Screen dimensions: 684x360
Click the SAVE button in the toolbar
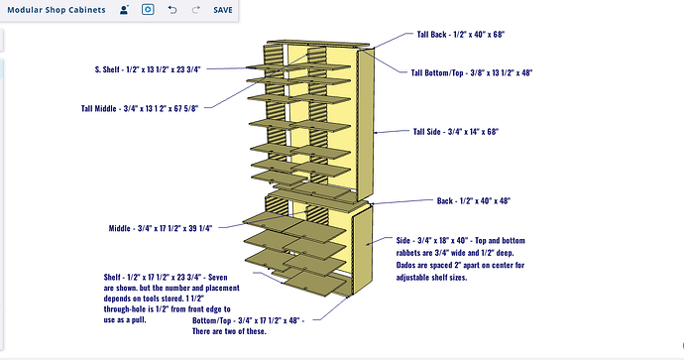tap(222, 10)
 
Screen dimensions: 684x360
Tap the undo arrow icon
tap(172, 10)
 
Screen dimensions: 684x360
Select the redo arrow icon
tap(196, 10)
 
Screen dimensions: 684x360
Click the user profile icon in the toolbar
tap(124, 10)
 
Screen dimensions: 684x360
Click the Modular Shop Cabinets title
tap(57, 10)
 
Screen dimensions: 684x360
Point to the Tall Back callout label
tap(461, 35)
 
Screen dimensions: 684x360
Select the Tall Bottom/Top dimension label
tap(472, 72)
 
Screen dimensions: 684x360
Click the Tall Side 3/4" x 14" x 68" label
tap(456, 131)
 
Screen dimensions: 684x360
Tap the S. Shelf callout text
tap(148, 69)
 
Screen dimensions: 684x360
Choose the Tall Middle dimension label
tap(140, 108)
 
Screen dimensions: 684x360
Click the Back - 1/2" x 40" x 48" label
tap(474, 200)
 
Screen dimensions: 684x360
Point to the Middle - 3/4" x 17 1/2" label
tap(161, 228)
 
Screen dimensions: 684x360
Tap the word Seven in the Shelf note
tap(218, 277)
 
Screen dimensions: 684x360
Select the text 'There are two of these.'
tap(229, 331)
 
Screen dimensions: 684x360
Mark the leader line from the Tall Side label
tap(392, 131)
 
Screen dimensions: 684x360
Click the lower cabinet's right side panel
tap(363, 250)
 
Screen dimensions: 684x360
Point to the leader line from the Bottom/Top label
tap(331, 308)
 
